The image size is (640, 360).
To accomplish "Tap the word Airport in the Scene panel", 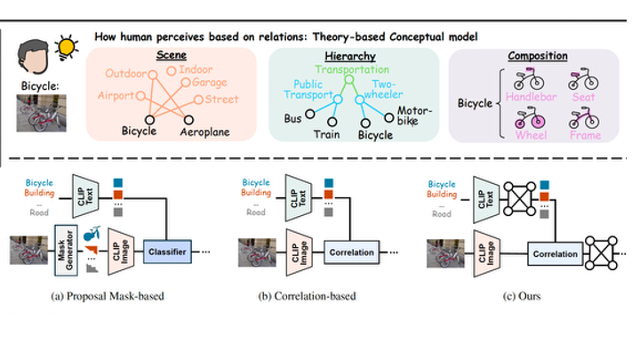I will coord(116,95).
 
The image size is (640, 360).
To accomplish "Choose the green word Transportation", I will coord(353,68).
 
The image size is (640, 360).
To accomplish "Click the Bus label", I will coord(291,116).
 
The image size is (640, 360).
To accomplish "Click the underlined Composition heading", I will coord(537,55).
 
